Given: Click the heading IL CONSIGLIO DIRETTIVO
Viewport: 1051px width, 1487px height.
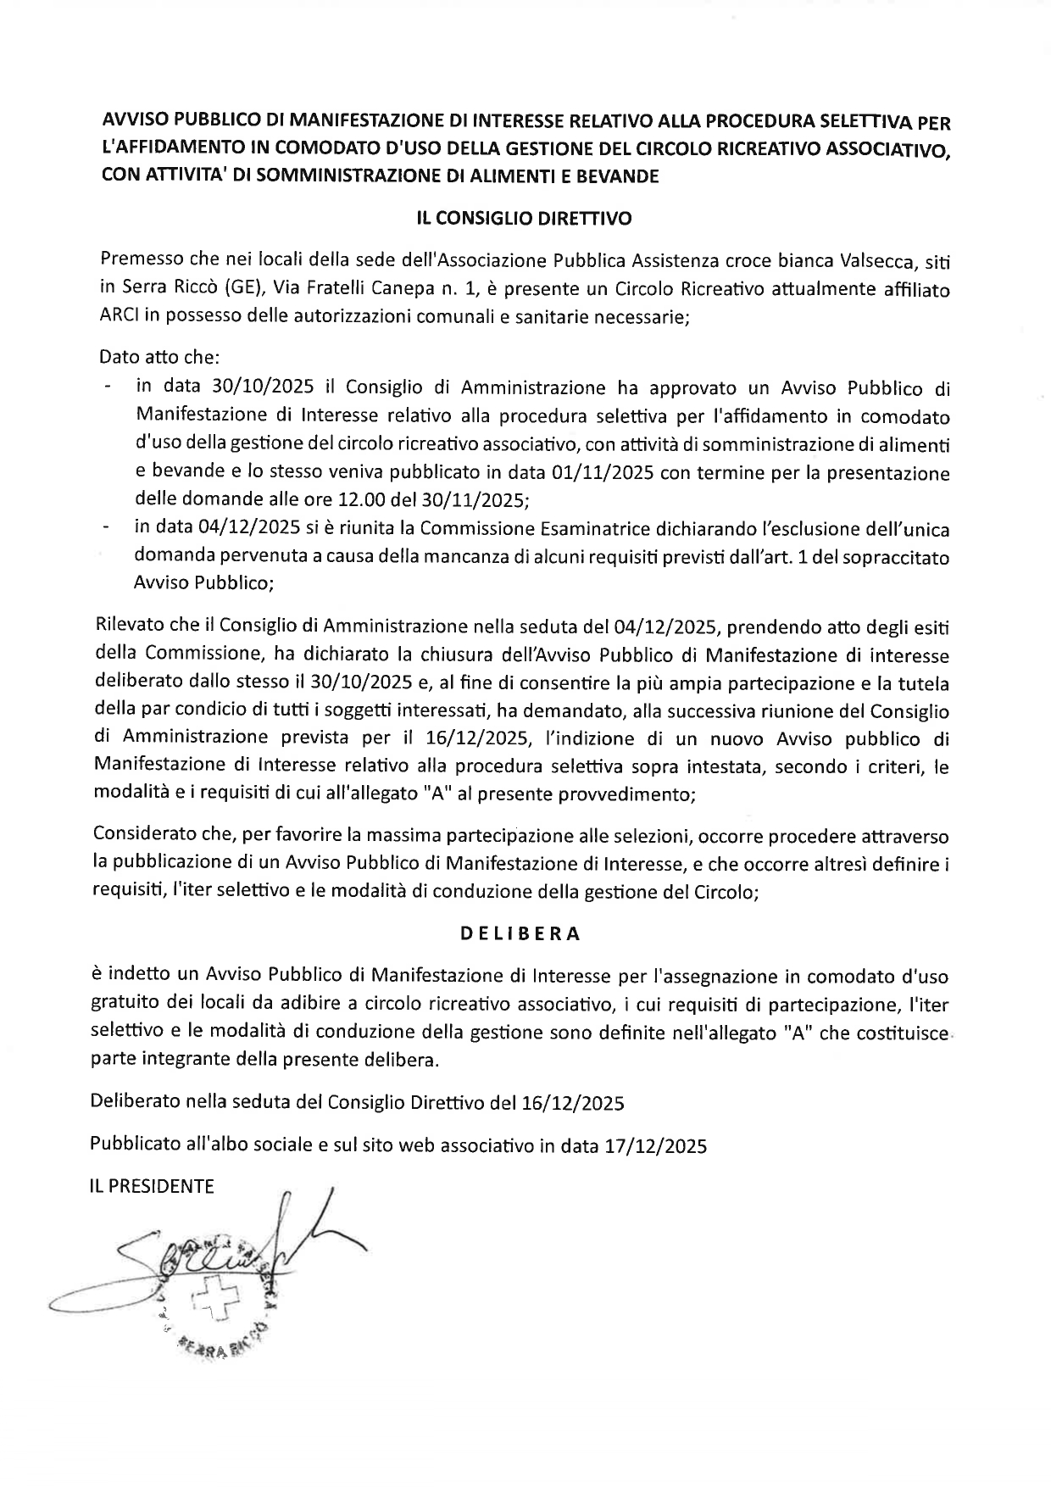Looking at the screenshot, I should click(x=524, y=219).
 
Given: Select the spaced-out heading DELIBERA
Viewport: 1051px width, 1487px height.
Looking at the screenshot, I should click(x=520, y=934).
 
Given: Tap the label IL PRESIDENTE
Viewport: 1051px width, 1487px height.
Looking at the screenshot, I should click(x=153, y=1186).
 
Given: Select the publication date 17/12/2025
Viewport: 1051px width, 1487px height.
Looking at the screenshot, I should click(x=655, y=1146).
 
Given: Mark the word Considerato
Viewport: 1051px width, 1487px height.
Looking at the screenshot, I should click(x=147, y=835).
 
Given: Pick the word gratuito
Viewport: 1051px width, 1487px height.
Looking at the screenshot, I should click(x=125, y=1005).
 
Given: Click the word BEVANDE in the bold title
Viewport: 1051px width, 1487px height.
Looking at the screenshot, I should click(x=610, y=176).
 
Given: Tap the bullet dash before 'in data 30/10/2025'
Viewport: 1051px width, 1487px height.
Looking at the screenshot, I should click(x=107, y=388).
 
